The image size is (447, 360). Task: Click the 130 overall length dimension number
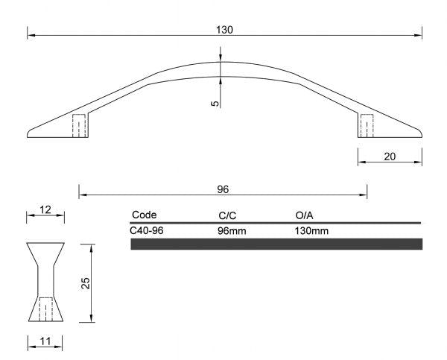[224, 30]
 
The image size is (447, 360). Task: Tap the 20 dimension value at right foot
[390, 157]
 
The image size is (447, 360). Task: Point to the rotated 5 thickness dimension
[215, 104]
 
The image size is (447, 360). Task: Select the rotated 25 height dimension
[86, 283]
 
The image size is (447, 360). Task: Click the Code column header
[144, 215]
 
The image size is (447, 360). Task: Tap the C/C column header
[227, 215]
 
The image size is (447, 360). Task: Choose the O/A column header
[305, 215]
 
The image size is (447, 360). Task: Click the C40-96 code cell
[147, 230]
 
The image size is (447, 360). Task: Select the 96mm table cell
[232, 230]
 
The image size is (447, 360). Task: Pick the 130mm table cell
[312, 230]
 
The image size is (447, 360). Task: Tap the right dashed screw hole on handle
[367, 126]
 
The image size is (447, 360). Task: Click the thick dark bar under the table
[276, 244]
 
